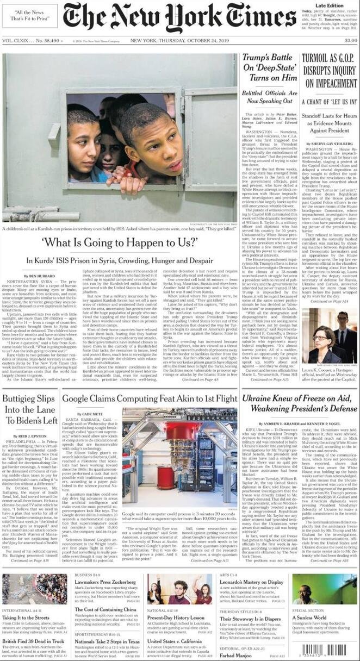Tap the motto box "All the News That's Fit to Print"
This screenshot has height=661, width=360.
(30, 16)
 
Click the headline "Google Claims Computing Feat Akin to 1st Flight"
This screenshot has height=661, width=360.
(150, 398)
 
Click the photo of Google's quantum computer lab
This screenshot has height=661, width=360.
(180, 458)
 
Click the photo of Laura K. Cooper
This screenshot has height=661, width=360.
(328, 334)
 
